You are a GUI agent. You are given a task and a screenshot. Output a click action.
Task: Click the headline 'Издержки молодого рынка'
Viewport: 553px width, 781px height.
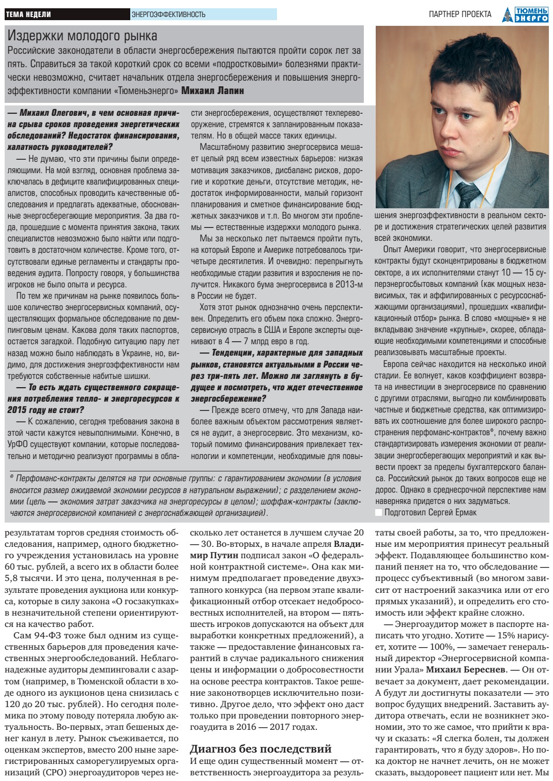click(83, 36)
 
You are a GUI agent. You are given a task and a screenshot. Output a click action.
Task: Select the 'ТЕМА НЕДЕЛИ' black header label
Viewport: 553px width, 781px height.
click(28, 14)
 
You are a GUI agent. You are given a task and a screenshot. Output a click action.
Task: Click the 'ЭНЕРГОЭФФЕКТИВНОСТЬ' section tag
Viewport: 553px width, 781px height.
click(168, 14)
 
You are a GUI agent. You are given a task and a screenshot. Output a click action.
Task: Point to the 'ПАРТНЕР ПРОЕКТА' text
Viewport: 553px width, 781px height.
click(460, 14)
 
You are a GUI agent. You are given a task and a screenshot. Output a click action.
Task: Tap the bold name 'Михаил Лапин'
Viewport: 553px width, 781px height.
click(213, 91)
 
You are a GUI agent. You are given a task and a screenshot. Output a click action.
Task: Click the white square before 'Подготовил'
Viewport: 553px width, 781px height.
click(379, 512)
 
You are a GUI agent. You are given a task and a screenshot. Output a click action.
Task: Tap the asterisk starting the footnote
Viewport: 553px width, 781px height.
click(12, 479)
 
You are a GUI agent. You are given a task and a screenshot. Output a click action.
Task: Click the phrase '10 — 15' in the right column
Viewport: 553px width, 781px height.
click(517, 272)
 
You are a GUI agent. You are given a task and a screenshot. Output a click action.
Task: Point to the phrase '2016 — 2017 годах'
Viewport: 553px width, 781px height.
click(276, 727)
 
